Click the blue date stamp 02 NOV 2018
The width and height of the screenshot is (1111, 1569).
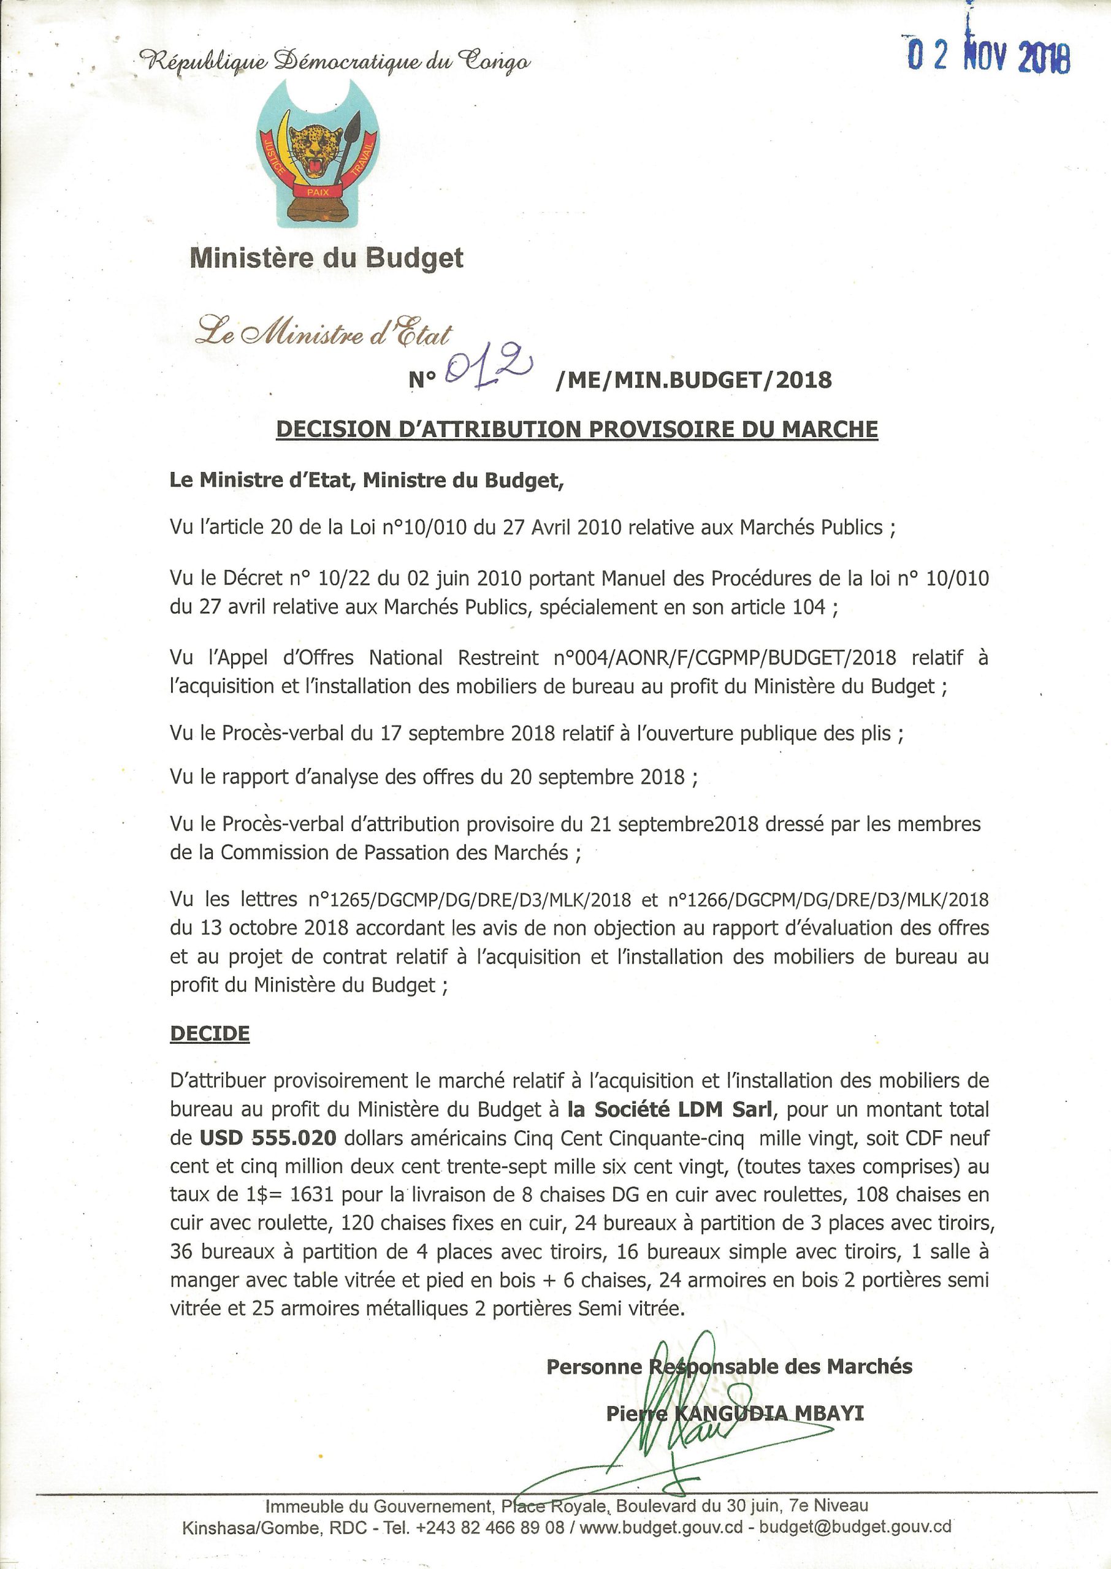click(988, 56)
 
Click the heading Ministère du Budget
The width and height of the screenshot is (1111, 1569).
click(326, 258)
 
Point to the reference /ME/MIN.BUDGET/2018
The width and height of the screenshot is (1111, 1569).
click(694, 379)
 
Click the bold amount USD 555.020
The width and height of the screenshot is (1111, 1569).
click(267, 1138)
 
